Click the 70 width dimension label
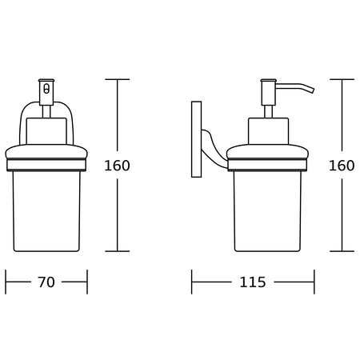tap(46, 282)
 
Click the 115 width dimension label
tap(253, 282)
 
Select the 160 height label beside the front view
tap(117, 166)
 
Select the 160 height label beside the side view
tap(342, 166)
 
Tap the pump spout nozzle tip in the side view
tap(313, 90)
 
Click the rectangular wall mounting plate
tap(196, 139)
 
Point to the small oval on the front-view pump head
tap(46, 89)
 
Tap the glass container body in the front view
tap(46, 210)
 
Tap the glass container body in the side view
tap(267, 210)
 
